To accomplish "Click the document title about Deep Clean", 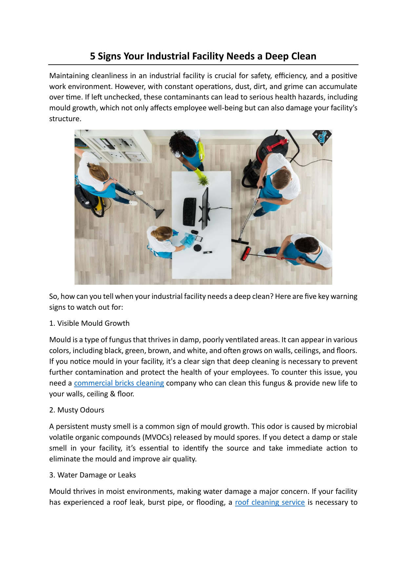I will tap(203, 56).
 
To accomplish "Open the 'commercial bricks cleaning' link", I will tap(119, 383).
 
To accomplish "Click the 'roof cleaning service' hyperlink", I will tap(270, 502).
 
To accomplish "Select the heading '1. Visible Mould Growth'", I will tap(89, 323).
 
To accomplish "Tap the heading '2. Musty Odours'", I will tap(77, 410).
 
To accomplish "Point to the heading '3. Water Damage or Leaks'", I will tap(92, 475).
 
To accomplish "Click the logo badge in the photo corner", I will tap(322, 137).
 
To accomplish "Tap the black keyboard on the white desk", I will tap(190, 211).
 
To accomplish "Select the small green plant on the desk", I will tap(204, 180).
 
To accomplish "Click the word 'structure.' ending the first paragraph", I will tap(65, 119).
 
